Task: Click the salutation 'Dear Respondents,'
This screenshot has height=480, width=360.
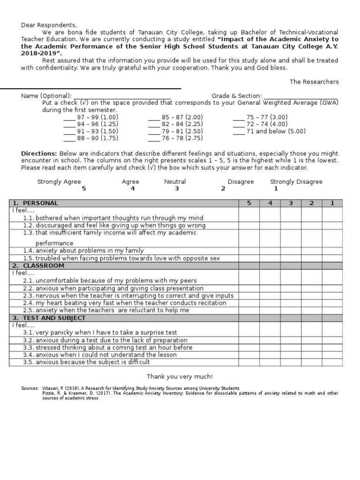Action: click(48, 25)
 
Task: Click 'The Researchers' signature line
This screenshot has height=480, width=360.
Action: click(314, 82)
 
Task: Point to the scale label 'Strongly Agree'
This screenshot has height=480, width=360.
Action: click(59, 182)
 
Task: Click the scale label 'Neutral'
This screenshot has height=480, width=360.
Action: click(175, 182)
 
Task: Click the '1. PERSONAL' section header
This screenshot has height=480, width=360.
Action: click(36, 203)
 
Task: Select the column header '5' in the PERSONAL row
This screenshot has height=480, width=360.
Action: click(249, 203)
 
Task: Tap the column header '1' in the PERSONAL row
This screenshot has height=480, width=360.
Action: click(332, 203)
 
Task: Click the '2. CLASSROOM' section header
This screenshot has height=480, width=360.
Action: click(38, 266)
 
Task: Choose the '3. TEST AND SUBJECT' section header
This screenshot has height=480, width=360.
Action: click(49, 318)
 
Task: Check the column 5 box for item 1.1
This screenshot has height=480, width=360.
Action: click(249, 218)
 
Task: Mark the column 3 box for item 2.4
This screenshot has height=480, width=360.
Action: click(291, 303)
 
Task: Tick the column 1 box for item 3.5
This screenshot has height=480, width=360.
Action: click(332, 362)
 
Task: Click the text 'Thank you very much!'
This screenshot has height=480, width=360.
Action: click(180, 376)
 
